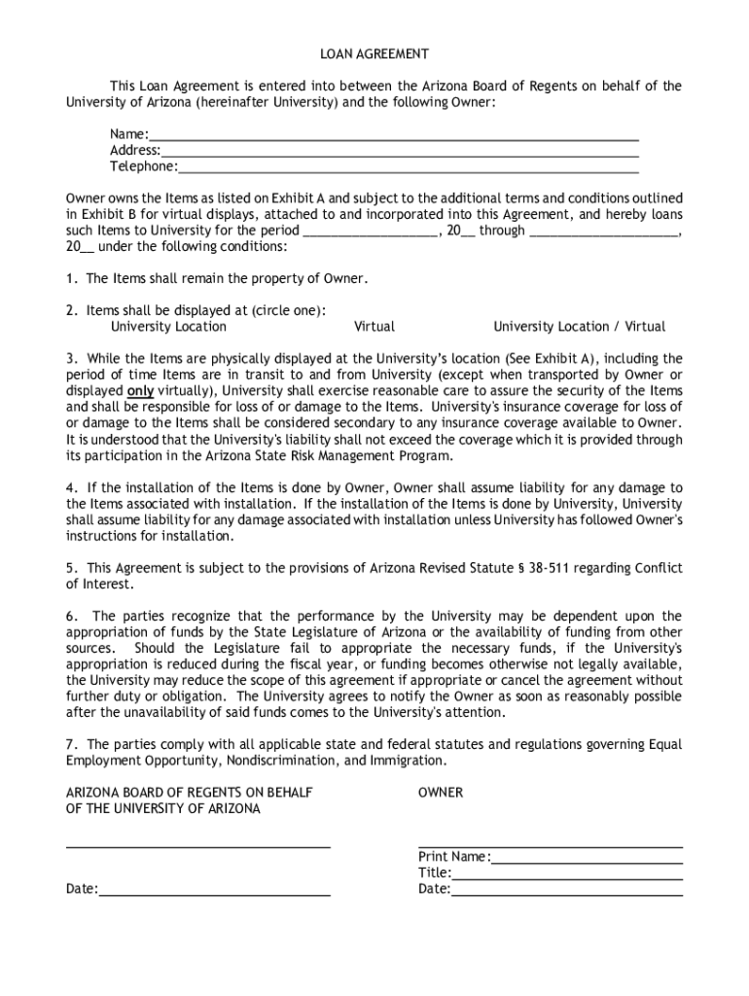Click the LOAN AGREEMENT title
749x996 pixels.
coord(374,53)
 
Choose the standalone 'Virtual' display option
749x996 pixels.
coord(374,327)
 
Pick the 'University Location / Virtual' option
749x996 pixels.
coord(579,327)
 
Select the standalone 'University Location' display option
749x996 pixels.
coord(168,327)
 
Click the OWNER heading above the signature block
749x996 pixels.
coord(441,793)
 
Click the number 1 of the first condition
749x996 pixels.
coord(70,279)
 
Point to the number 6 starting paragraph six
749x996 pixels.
coord(70,616)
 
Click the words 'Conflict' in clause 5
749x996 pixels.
coord(658,568)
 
